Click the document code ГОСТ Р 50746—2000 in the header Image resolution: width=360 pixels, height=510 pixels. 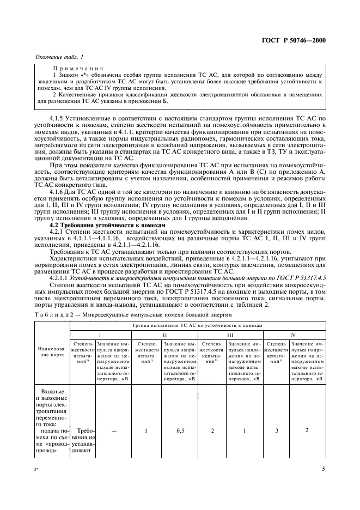[297, 40]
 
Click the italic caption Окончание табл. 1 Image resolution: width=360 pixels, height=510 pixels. [59, 57]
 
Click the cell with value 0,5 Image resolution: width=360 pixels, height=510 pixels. [179, 430]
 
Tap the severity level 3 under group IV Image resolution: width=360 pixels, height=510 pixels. [276, 430]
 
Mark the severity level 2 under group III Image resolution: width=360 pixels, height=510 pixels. [212, 430]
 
